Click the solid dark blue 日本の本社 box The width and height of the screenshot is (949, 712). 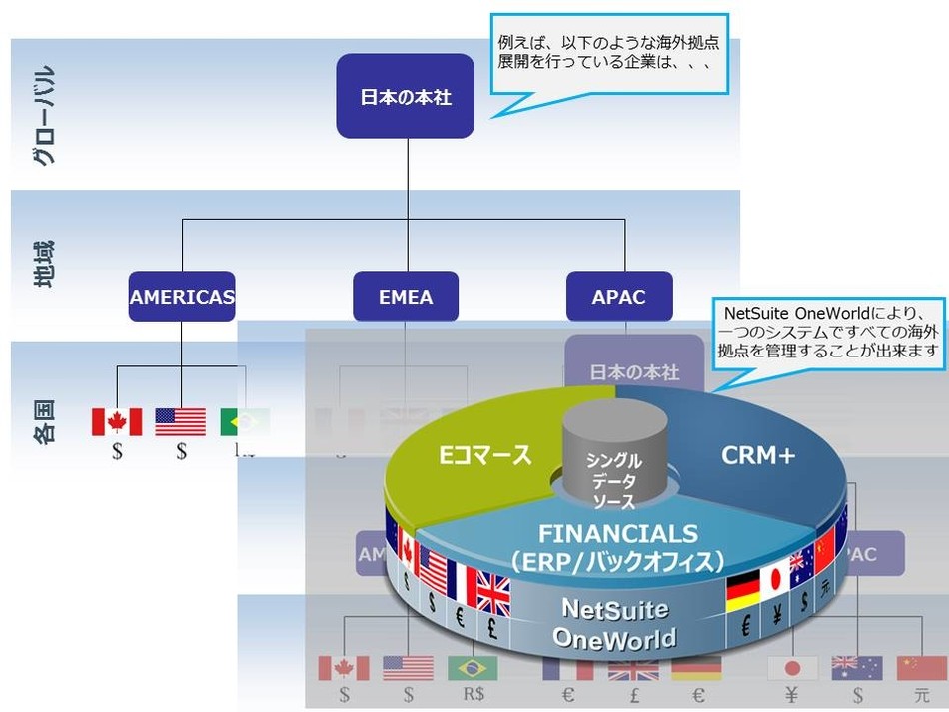click(x=405, y=96)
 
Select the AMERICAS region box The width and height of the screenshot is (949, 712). click(x=182, y=296)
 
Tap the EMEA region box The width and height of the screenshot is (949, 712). click(x=406, y=296)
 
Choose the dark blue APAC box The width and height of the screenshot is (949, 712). click(x=618, y=296)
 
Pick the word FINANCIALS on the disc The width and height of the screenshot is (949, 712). click(x=617, y=532)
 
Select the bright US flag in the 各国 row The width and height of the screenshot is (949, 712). click(x=181, y=421)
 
